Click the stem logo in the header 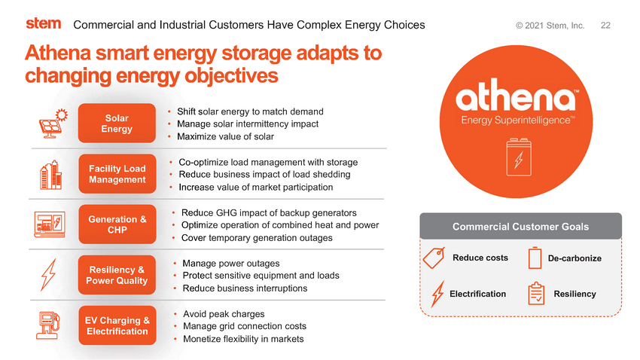[44, 23]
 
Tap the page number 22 [605, 26]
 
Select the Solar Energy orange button [117, 124]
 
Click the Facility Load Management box [117, 174]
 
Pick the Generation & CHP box [117, 224]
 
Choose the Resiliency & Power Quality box [117, 275]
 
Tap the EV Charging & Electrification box [117, 325]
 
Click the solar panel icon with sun [53, 124]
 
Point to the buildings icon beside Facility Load [50, 175]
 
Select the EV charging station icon [47, 325]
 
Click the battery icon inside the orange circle [519, 157]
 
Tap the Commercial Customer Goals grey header [520, 226]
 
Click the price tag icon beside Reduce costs [434, 258]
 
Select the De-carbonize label [574, 258]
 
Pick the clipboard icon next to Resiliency [536, 294]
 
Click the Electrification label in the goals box [477, 294]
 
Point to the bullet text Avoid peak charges [224, 314]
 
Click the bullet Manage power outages [231, 264]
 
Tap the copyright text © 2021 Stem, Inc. [550, 26]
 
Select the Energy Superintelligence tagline [518, 120]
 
